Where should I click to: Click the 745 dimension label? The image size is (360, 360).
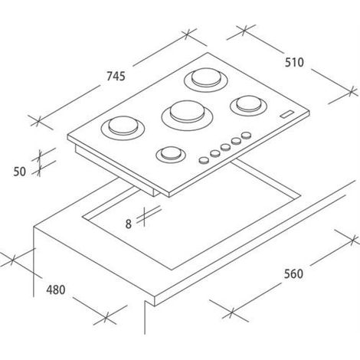[116, 76]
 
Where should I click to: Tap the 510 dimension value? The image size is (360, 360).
[294, 62]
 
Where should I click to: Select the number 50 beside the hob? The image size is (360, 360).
[20, 172]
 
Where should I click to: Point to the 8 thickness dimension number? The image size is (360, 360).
[129, 224]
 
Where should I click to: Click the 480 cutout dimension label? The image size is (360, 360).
[56, 290]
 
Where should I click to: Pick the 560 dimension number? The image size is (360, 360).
[293, 274]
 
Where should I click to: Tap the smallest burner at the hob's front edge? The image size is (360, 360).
[171, 154]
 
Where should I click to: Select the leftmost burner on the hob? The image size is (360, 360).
[123, 128]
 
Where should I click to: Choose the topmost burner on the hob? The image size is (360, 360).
[206, 80]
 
